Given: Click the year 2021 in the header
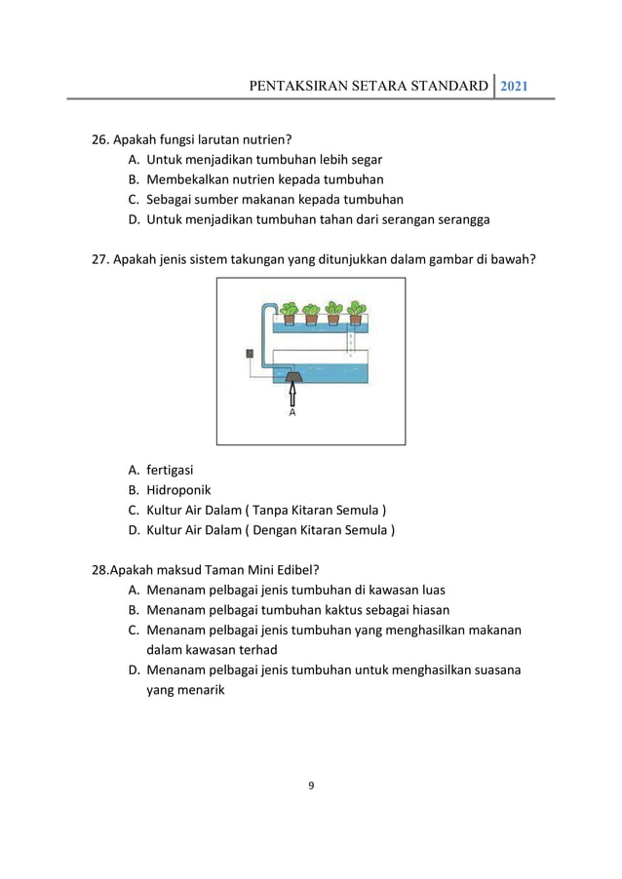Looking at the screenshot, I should click(x=515, y=86).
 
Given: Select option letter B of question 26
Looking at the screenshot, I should click(x=133, y=179).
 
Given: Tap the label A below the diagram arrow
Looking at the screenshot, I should click(x=292, y=412).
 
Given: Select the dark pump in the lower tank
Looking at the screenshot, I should click(x=291, y=374).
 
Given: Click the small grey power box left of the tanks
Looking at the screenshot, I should click(x=250, y=354).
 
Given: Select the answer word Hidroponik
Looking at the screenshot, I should click(x=178, y=490).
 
